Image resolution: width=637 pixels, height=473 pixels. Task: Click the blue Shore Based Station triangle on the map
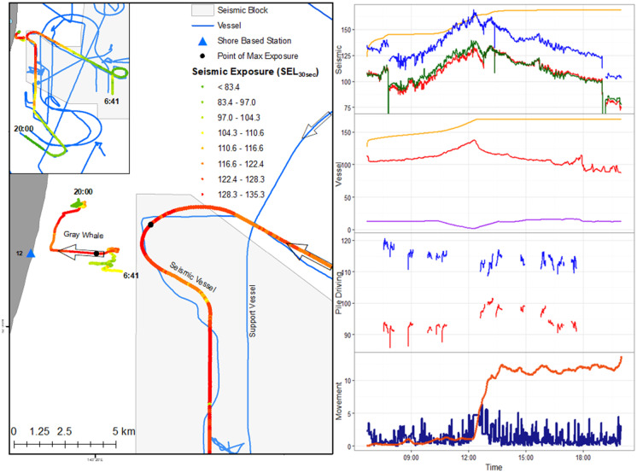(31, 254)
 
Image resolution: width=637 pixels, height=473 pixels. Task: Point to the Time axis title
(493, 467)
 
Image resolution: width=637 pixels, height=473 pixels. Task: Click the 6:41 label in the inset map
(112, 101)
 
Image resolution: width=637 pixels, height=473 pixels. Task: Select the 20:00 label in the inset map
(23, 129)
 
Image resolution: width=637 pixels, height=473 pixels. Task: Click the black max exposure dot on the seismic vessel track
(150, 225)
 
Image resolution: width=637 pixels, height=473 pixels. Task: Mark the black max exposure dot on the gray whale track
(96, 254)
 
